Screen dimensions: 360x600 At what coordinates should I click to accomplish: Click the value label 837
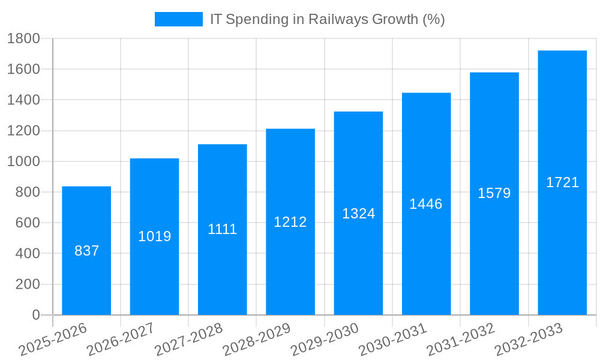tap(86, 251)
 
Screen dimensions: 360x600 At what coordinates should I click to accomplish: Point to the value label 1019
tap(155, 236)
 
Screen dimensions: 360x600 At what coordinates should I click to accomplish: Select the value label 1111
tap(223, 229)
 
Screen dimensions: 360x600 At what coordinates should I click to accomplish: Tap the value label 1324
tap(358, 214)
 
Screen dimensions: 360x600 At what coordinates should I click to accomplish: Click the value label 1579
tap(494, 193)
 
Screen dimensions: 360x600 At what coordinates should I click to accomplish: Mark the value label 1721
tap(562, 182)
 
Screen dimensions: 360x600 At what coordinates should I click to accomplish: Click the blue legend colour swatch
tap(179, 19)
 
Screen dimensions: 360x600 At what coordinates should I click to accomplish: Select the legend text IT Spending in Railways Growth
tap(327, 19)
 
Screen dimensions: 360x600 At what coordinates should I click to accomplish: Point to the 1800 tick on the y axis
tap(23, 38)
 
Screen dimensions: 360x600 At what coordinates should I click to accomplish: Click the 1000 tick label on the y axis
tap(23, 161)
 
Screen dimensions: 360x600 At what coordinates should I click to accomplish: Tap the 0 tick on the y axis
tap(35, 315)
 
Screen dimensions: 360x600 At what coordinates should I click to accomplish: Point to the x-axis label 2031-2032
tap(461, 340)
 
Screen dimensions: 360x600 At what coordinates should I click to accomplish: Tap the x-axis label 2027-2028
tap(189, 340)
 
